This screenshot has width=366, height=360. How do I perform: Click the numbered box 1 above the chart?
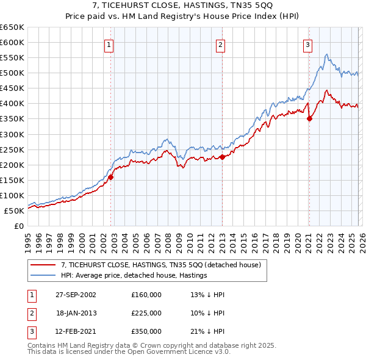coord(109,44)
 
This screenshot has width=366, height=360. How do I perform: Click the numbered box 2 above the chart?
coord(220,44)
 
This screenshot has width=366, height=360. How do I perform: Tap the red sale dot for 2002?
coord(111,178)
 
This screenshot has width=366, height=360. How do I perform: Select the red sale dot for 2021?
coord(309,119)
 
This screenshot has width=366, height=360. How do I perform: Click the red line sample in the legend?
coord(43,265)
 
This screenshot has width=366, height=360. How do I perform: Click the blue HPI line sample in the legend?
coord(43,275)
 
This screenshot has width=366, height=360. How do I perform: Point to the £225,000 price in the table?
coord(146,312)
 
